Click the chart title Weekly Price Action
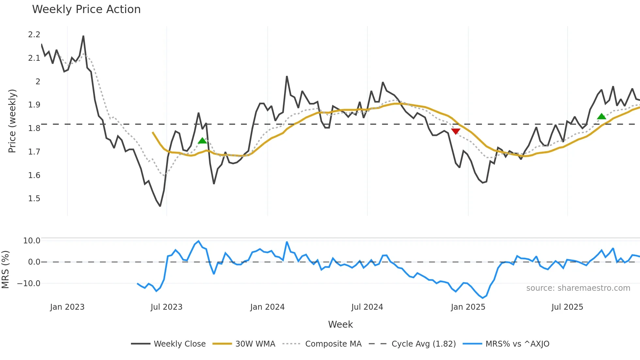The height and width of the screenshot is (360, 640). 86,9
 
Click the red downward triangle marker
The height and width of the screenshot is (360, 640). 456,131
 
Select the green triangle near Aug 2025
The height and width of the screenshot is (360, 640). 601,116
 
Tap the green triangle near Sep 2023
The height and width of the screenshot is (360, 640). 202,140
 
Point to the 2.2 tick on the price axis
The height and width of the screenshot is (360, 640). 34,35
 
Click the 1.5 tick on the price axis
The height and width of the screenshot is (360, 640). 34,199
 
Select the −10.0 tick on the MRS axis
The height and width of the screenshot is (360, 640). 29,283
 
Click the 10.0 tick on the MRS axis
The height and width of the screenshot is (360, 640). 32,241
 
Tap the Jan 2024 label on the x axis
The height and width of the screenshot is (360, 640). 267,307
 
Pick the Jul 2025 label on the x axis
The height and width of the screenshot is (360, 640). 567,307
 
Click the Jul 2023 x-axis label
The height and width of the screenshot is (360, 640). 166,307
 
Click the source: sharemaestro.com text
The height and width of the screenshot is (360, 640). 578,288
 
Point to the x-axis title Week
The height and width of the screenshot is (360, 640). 340,324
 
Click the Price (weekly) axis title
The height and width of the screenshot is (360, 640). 12,121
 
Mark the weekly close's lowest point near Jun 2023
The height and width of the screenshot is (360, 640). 160,206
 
